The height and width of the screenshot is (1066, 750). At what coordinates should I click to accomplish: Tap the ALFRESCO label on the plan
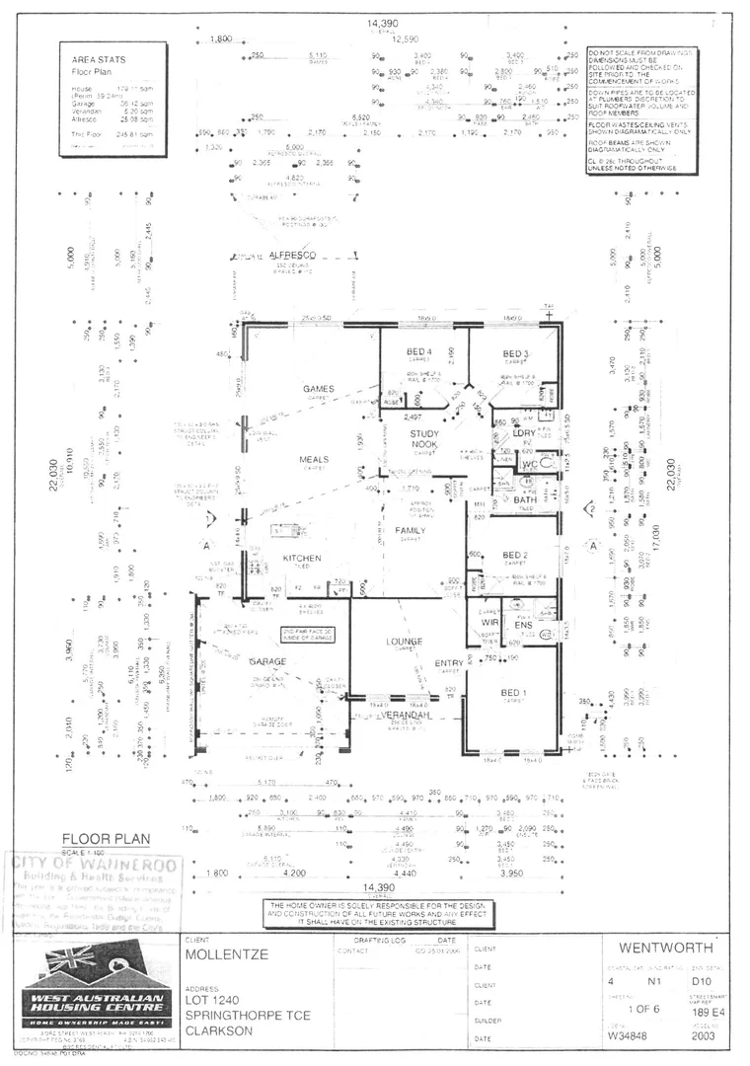tap(292, 256)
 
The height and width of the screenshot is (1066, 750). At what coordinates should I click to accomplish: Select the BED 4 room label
tap(419, 352)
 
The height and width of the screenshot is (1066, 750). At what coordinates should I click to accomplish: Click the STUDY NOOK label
tap(424, 439)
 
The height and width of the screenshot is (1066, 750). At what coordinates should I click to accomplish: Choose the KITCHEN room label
tap(302, 559)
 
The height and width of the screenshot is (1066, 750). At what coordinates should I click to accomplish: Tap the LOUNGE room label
tap(405, 642)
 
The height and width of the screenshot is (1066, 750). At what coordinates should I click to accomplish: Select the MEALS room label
tap(314, 460)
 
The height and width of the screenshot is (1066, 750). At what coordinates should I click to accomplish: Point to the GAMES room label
tap(320, 389)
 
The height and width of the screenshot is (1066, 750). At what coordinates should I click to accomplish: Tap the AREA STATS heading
tap(99, 59)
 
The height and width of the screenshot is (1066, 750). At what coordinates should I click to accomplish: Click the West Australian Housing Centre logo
tap(96, 992)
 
